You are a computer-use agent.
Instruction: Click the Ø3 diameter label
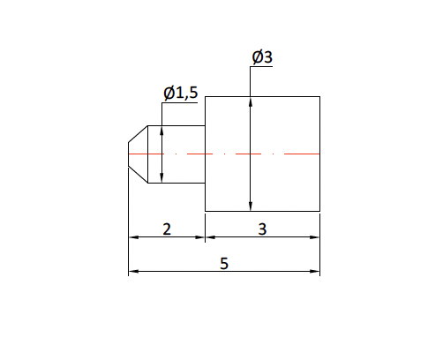click(x=262, y=57)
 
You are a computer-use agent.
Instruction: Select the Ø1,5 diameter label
click(x=180, y=92)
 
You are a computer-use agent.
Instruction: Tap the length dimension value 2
click(x=167, y=229)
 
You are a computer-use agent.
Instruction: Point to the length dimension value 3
click(x=262, y=229)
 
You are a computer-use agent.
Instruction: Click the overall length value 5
click(x=224, y=264)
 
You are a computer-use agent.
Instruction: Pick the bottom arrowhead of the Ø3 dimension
click(x=252, y=206)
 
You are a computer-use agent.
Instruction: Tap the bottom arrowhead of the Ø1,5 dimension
click(x=162, y=179)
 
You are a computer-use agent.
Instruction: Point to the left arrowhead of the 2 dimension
click(x=133, y=237)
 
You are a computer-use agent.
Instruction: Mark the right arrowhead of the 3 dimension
click(x=315, y=237)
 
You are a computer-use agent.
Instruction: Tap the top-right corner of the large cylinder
click(x=319, y=97)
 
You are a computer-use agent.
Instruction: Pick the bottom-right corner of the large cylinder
click(x=319, y=211)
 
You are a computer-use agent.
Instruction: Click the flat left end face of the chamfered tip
click(x=129, y=154)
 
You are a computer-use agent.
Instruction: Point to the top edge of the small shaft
click(x=181, y=124)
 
